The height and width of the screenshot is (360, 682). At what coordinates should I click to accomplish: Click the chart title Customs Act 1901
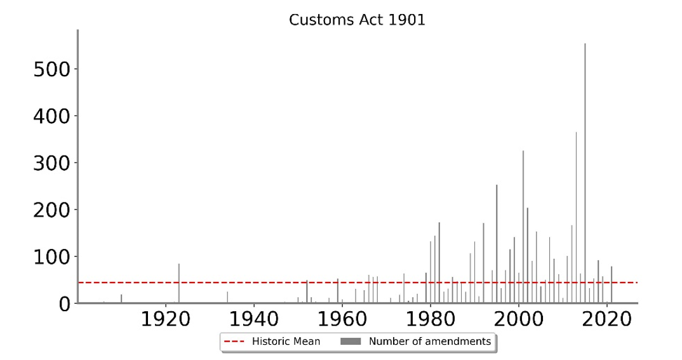click(x=357, y=20)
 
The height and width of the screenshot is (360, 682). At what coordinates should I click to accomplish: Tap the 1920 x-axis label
click(x=165, y=319)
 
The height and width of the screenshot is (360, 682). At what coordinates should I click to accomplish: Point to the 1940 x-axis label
click(x=254, y=319)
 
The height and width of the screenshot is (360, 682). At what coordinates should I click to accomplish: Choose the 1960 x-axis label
click(x=342, y=319)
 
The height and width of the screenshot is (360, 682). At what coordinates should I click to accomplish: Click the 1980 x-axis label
click(x=431, y=319)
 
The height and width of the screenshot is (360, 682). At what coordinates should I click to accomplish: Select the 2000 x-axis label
click(x=519, y=319)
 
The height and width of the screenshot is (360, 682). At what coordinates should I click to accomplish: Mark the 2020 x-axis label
click(x=607, y=319)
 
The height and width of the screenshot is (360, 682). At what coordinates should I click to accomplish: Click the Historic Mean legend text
click(x=286, y=342)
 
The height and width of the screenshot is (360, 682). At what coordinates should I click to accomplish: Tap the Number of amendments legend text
click(x=430, y=342)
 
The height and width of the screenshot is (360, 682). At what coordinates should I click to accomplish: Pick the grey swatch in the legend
click(x=351, y=342)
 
